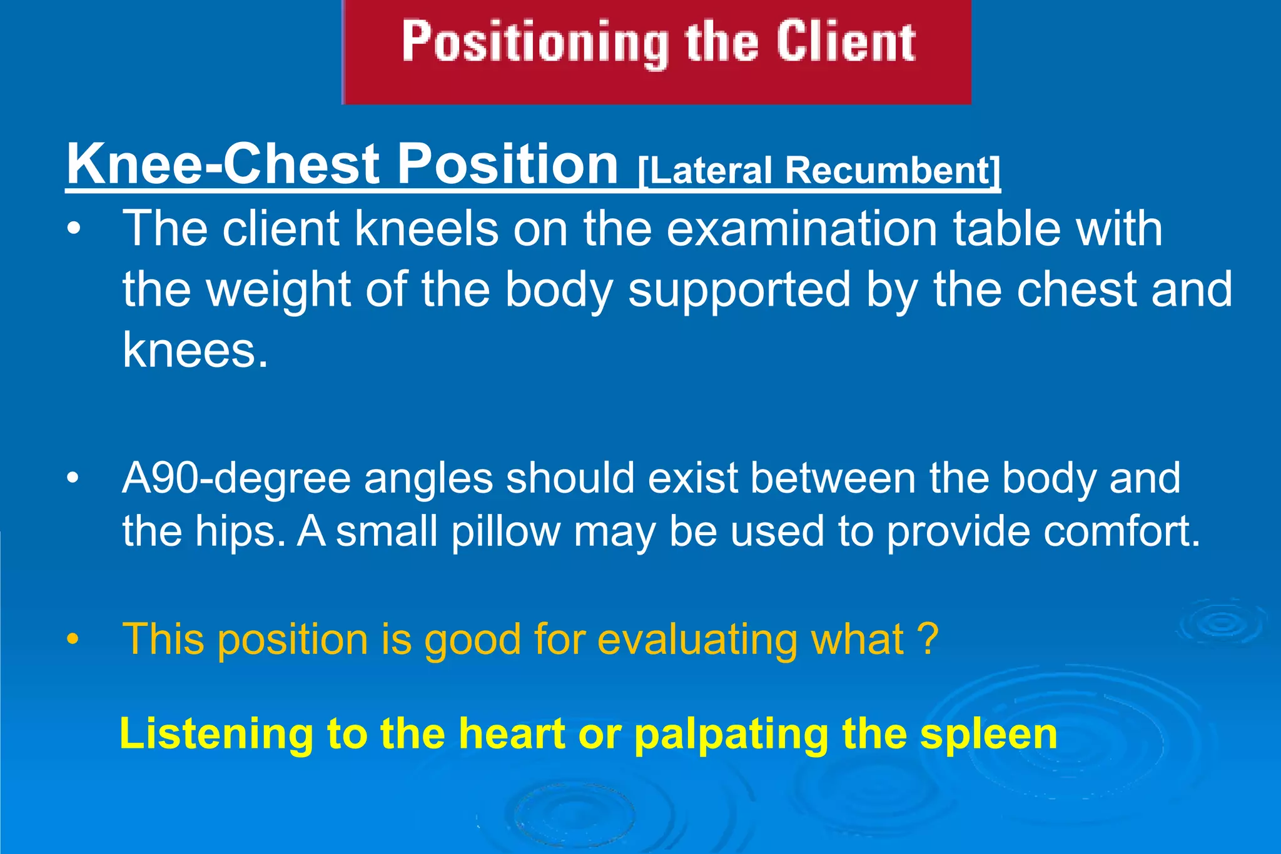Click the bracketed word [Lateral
[x=705, y=170]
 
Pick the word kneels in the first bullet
[x=427, y=229]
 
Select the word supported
[x=739, y=289]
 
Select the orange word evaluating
[x=697, y=640]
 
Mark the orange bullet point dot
[x=73, y=640]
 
